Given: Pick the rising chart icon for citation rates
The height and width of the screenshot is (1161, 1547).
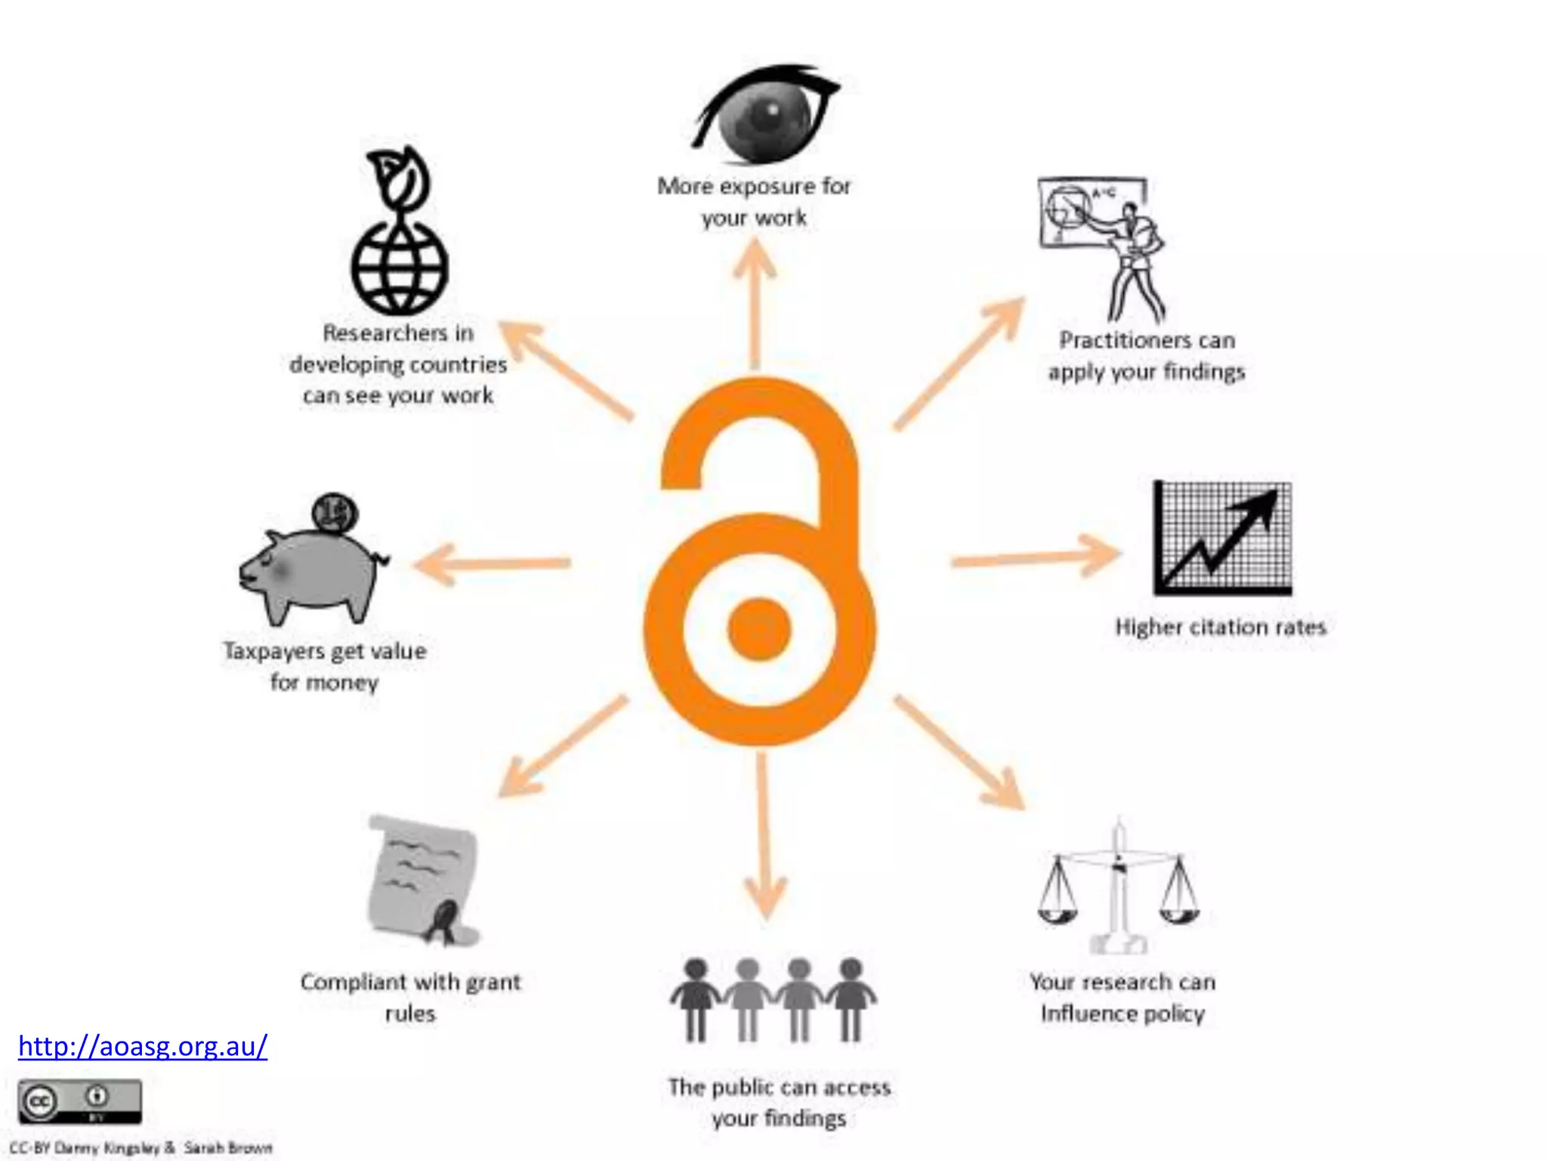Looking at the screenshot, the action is pos(1222,538).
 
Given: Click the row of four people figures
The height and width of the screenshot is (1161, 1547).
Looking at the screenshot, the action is pos(773,999).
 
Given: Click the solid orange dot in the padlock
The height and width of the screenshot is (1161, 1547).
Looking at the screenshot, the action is pos(759,629).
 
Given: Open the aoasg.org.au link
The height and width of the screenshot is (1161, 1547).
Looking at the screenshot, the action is pos(143,1046).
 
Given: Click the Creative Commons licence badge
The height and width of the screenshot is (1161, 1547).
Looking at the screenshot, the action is pos(79,1101).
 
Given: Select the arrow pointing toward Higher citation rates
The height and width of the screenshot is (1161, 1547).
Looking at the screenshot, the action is pos(1035,557).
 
